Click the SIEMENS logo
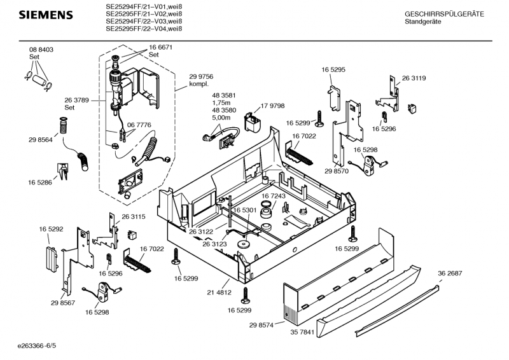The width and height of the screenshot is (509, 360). (44, 15)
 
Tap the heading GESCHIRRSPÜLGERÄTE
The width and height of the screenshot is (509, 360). (444, 14)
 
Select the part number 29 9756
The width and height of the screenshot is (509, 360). (201, 77)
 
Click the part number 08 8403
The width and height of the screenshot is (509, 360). (41, 50)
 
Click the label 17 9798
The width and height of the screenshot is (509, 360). (272, 106)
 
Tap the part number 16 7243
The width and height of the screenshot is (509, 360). (273, 197)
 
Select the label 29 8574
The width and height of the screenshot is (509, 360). (261, 324)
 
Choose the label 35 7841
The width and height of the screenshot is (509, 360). (303, 331)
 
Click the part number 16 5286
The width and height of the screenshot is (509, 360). (39, 183)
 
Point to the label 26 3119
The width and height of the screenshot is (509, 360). (414, 78)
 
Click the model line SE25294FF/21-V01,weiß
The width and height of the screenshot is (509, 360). (144, 8)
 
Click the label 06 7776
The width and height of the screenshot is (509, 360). (139, 125)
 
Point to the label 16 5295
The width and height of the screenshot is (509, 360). (333, 69)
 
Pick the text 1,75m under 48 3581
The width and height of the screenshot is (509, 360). (222, 103)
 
